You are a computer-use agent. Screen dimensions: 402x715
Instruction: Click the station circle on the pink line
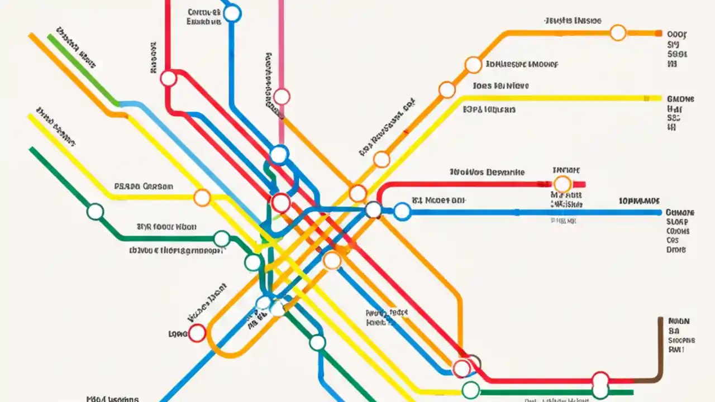click(x=282, y=97)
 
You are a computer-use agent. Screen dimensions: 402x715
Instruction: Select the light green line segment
click(x=84, y=70)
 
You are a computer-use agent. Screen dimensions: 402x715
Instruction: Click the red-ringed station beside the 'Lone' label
click(x=197, y=333)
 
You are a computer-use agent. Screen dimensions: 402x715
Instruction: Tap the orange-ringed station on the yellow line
click(x=202, y=197)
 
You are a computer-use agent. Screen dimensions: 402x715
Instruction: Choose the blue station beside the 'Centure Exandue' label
click(x=232, y=13)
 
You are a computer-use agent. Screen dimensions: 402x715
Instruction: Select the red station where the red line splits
click(x=168, y=79)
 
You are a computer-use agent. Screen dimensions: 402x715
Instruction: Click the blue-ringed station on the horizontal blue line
click(x=402, y=211)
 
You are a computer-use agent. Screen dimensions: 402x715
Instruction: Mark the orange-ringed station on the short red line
click(x=562, y=184)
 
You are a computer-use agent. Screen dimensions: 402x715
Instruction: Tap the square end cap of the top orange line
click(x=657, y=33)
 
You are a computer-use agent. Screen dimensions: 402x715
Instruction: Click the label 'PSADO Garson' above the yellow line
click(x=144, y=186)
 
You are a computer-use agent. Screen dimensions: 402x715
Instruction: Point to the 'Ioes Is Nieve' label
click(x=500, y=86)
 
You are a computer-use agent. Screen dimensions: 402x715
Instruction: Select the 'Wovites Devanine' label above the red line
click(x=487, y=173)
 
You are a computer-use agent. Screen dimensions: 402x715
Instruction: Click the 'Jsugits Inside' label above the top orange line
click(x=573, y=21)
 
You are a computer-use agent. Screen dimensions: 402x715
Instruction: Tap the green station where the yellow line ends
click(x=471, y=389)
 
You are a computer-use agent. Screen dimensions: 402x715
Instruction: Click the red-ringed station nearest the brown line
click(x=600, y=380)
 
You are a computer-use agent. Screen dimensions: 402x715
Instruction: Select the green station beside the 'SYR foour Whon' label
click(x=222, y=238)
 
